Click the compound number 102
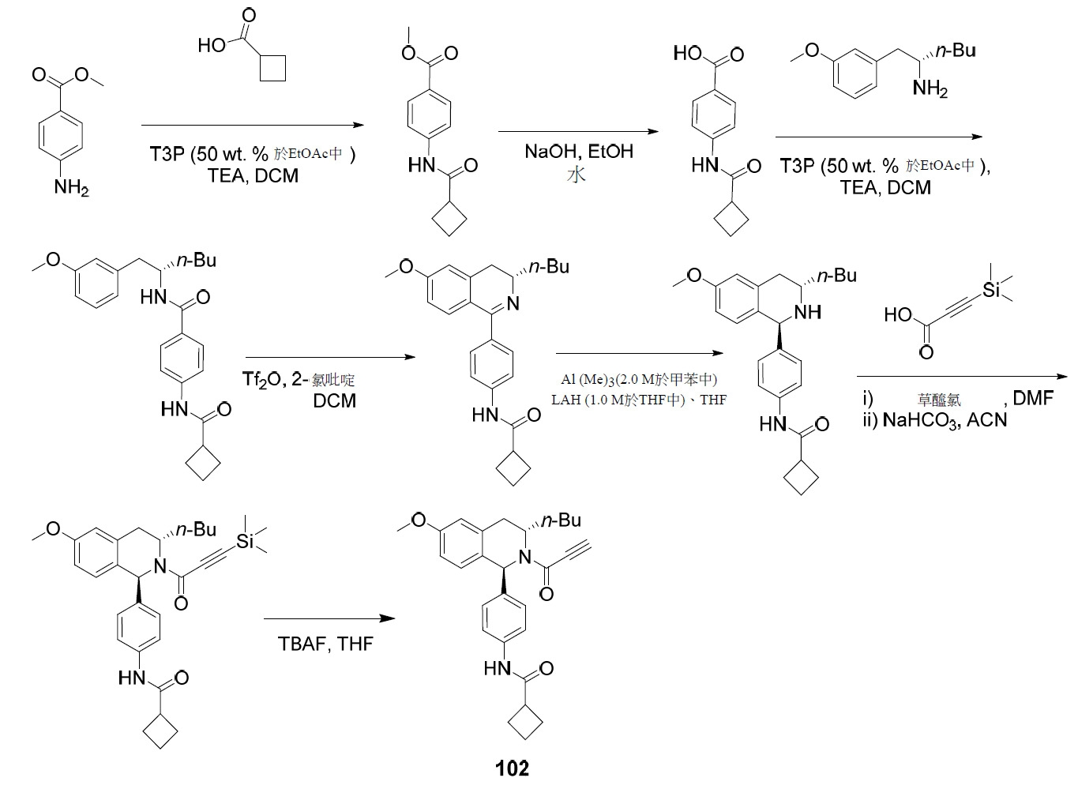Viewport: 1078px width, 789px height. (512, 768)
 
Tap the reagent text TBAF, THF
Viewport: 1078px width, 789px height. (325, 644)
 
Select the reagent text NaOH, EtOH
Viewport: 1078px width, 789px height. (578, 151)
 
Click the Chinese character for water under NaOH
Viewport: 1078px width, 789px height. (576, 175)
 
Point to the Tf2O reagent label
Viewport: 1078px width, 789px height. (262, 381)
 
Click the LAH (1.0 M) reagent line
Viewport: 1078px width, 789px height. (639, 400)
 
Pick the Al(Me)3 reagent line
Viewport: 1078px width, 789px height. (639, 379)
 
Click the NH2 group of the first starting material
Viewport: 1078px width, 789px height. (71, 186)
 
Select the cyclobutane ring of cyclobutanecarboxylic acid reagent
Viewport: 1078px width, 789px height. (272, 69)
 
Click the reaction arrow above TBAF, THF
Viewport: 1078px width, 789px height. (329, 618)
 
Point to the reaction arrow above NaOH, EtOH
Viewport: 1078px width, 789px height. (578, 131)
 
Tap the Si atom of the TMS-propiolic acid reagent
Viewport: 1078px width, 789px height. (991, 290)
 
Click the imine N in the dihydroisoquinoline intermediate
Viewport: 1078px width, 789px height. (513, 303)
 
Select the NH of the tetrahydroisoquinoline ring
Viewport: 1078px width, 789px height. (808, 312)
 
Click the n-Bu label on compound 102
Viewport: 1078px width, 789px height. (561, 520)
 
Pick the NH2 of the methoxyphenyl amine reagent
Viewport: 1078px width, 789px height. (930, 89)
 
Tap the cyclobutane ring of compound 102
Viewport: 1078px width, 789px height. (525, 722)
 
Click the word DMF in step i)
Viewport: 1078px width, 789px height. (1033, 398)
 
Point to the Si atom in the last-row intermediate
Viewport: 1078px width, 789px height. (245, 542)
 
